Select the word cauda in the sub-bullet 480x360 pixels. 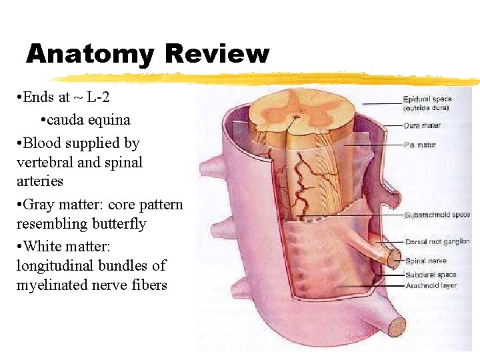tap(64, 121)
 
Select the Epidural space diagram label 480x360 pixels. tap(427, 99)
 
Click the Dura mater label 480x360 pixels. tap(422, 125)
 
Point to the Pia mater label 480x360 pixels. tap(420, 144)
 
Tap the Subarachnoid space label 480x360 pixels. tap(437, 215)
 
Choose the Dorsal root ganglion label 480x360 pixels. tap(437, 241)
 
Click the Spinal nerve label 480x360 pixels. tap(426, 261)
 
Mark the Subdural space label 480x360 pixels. tap(431, 275)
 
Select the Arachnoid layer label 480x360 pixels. tap(431, 285)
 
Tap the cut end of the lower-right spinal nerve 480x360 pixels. tap(396, 327)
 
